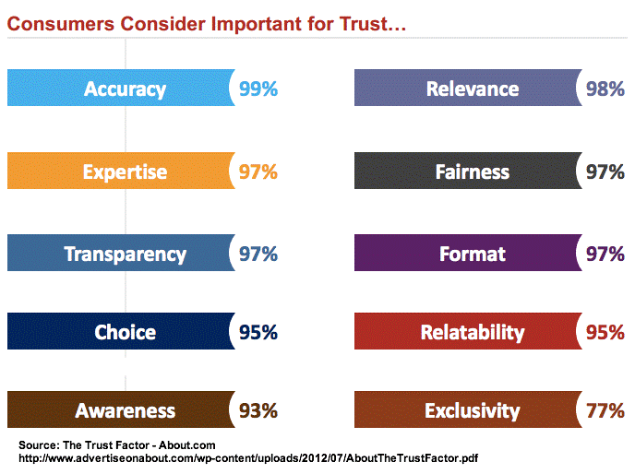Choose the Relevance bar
click(467, 89)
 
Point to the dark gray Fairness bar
click(467, 172)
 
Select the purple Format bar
click(467, 254)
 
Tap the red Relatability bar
click(467, 332)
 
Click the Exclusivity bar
click(467, 410)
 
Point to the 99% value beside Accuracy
click(258, 89)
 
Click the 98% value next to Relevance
click(605, 89)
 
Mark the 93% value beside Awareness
click(258, 411)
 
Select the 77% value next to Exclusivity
click(605, 411)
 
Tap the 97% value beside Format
click(605, 255)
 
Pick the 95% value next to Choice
click(258, 333)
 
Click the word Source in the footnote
click(37, 444)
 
